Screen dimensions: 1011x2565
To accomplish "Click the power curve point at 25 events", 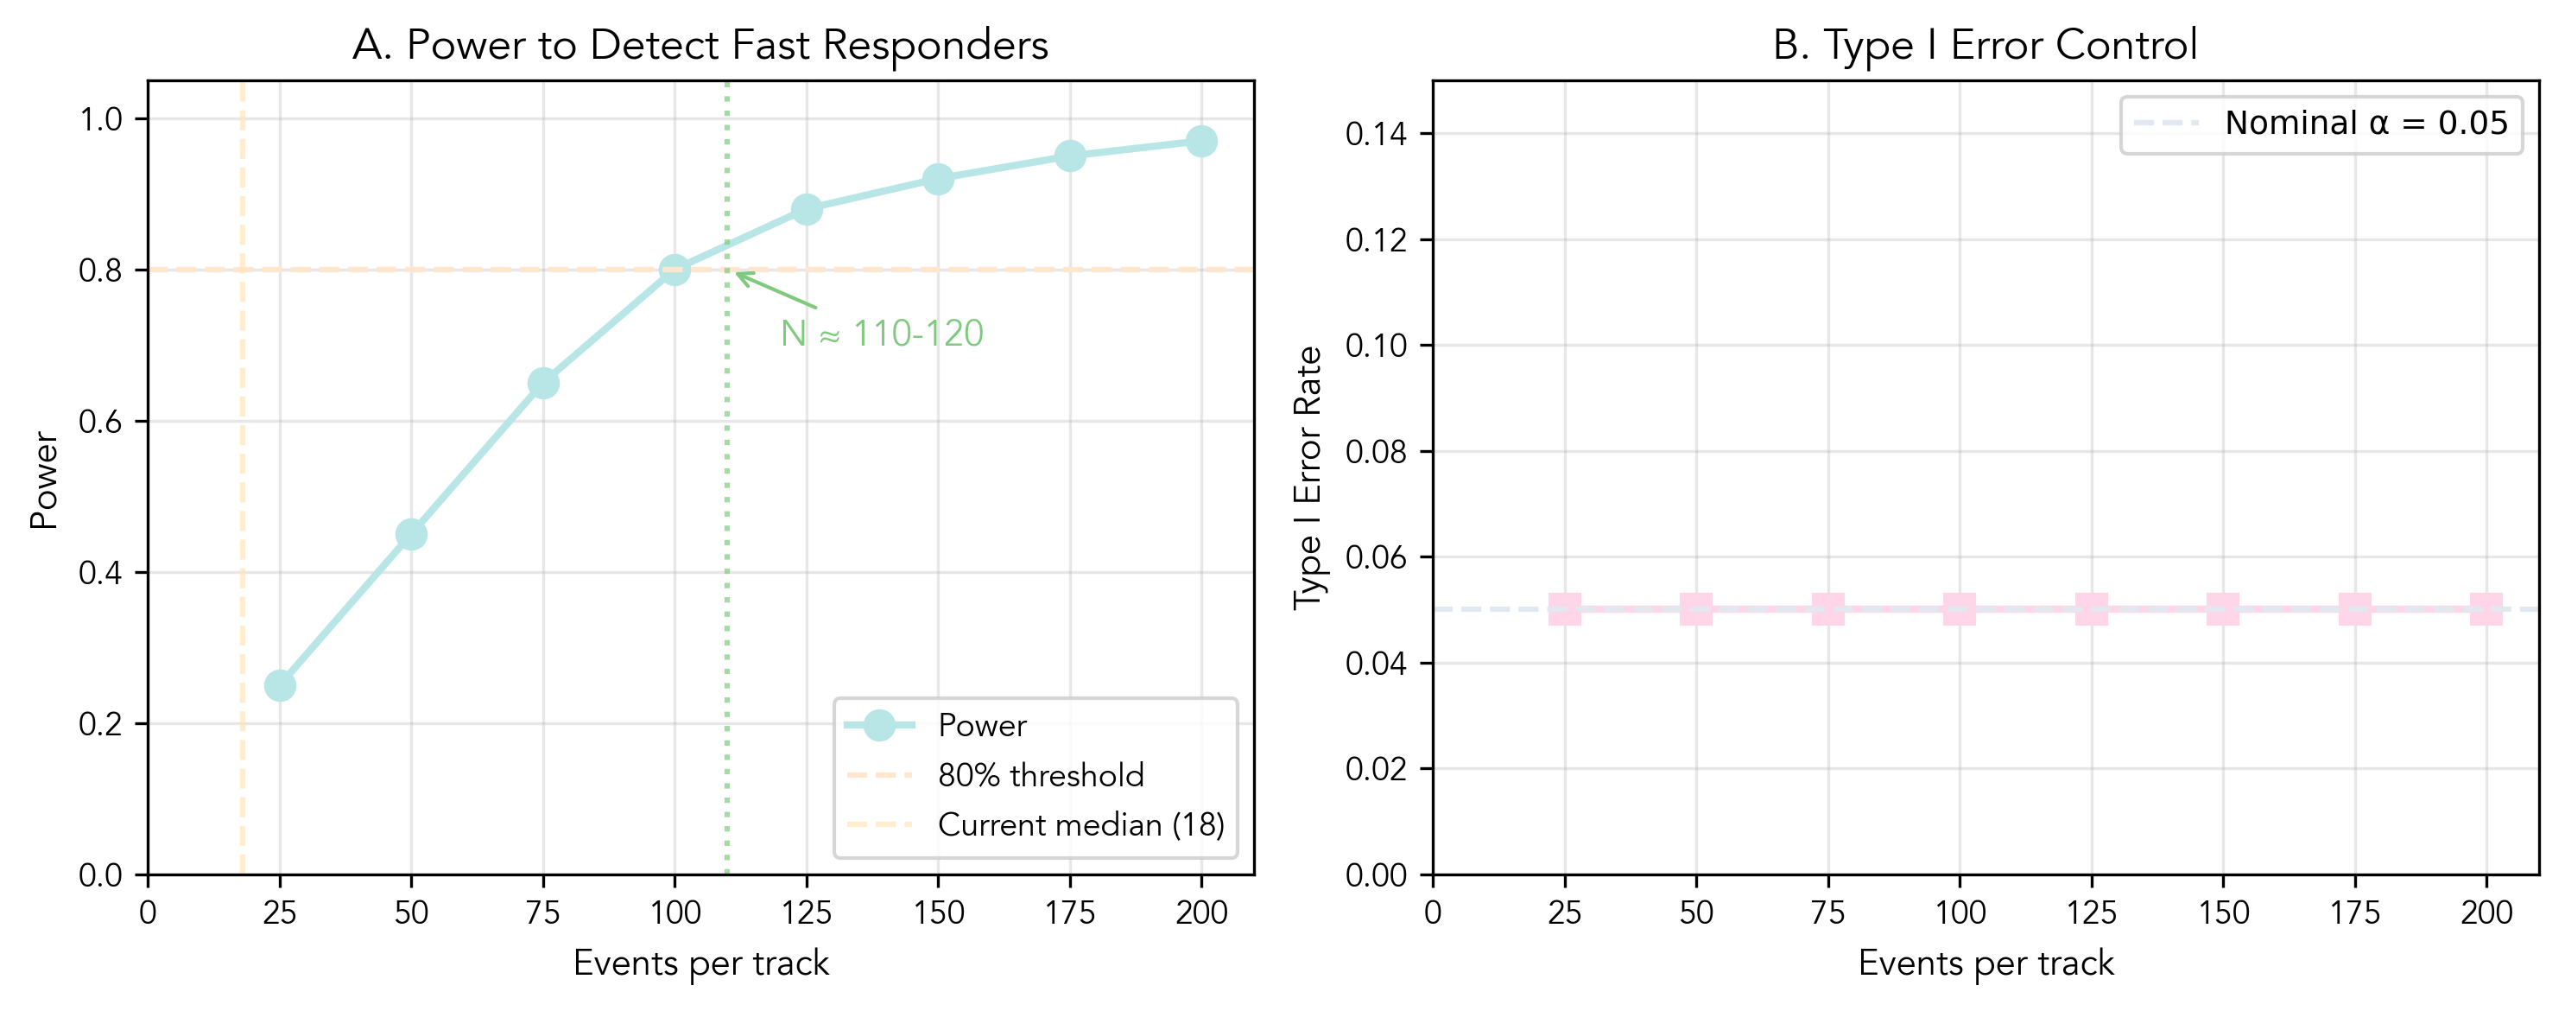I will click(280, 685).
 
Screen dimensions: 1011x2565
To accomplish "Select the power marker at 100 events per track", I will click(674, 270).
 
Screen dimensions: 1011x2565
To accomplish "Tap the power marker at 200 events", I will click(1200, 142).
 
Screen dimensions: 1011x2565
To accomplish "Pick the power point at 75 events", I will click(542, 384).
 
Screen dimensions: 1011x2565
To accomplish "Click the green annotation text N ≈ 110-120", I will click(881, 334).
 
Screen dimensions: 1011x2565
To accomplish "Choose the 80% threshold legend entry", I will click(1040, 775).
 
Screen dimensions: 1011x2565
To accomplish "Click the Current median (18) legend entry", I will click(1080, 824).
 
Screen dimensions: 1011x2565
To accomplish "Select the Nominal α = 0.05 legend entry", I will click(2365, 124).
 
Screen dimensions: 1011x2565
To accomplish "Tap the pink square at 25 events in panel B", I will click(1564, 608).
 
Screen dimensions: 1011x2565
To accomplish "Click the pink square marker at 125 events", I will click(2091, 608).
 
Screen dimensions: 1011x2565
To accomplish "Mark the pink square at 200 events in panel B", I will click(2486, 608).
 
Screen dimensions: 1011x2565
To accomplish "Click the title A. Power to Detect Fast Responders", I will click(700, 45).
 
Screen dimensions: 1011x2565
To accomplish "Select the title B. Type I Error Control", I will click(1985, 45).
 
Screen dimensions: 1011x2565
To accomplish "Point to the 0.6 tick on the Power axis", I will click(99, 422).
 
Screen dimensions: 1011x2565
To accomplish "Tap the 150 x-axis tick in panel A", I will click(938, 912).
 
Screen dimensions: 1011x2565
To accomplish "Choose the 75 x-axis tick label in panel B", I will click(1827, 912).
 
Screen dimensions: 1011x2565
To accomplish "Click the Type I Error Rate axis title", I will click(1308, 478).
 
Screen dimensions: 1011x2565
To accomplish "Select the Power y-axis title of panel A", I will click(44, 480).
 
